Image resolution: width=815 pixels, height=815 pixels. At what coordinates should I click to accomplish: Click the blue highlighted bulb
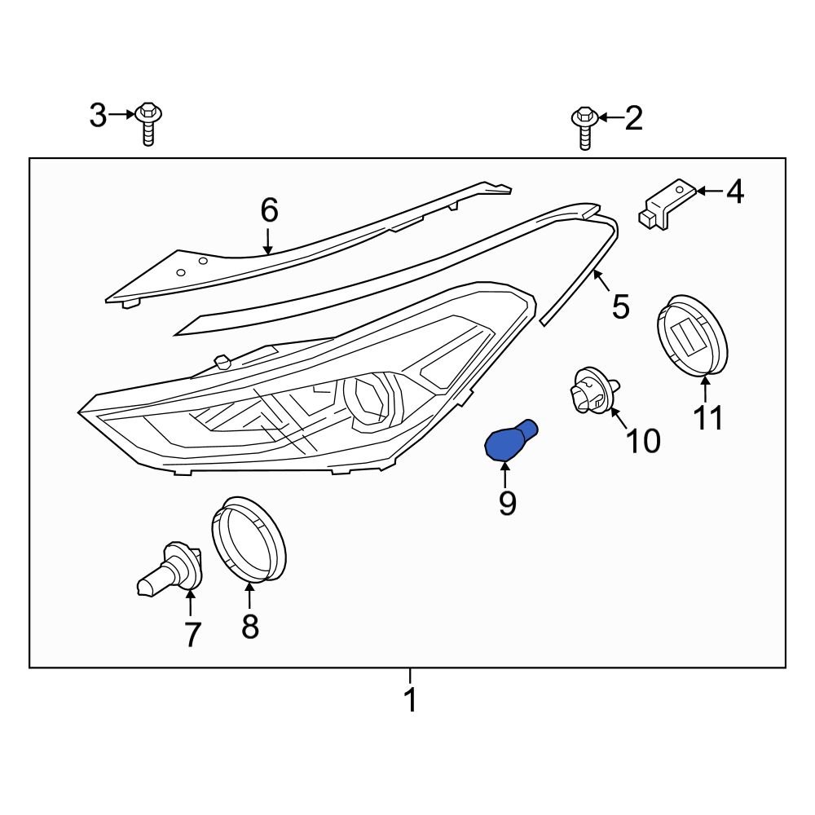point(509,441)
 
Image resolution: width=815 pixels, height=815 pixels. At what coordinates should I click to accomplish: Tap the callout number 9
point(507,504)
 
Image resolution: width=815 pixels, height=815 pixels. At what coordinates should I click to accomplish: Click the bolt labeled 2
point(584,126)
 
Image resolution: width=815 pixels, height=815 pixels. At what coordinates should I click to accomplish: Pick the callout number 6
point(269,212)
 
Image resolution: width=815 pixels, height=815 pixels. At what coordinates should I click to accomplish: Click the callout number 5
point(620,307)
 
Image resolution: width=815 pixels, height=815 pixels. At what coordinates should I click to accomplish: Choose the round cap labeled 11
point(692,339)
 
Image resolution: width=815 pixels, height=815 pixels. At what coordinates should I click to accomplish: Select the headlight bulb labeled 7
point(171,570)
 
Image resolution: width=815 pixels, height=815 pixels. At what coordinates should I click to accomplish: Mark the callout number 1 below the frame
point(411,699)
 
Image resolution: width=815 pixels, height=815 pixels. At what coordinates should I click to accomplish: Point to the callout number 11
point(708,418)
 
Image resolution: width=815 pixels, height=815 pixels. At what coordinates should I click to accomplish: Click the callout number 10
point(643,441)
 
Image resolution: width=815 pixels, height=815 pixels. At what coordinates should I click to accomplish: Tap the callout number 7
point(192,634)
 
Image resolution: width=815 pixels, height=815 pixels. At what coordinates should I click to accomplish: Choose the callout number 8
point(249,626)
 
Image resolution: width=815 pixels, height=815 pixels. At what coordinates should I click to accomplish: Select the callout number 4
point(734,192)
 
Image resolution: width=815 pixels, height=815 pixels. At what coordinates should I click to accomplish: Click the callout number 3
point(98,116)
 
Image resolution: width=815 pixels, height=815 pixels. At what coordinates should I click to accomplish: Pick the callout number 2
point(633,119)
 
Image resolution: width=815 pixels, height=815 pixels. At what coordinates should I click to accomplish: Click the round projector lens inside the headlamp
point(368,399)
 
